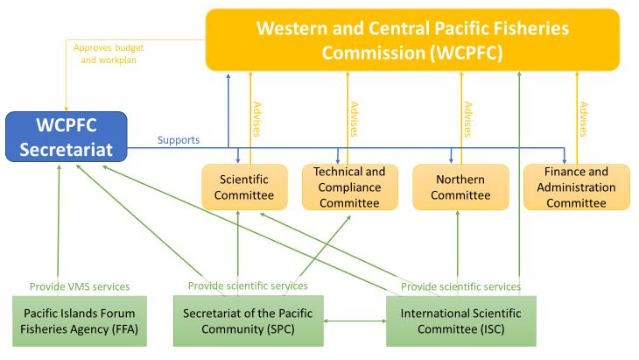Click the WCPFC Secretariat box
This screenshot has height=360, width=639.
click(x=66, y=136)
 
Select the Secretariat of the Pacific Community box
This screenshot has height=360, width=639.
click(x=248, y=321)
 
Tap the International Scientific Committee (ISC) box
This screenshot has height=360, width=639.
click(x=460, y=321)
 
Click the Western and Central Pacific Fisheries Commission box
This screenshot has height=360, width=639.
click(x=411, y=39)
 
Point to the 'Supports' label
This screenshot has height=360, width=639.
click(x=179, y=140)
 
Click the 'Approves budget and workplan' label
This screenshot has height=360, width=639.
click(x=106, y=53)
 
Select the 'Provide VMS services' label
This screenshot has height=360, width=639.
click(x=80, y=286)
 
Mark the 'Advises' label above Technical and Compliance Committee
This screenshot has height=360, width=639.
click(x=354, y=120)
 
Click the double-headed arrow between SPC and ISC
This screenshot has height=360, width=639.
click(x=355, y=321)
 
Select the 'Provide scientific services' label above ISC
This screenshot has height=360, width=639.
click(x=461, y=286)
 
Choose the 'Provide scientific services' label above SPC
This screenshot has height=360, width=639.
click(x=248, y=286)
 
